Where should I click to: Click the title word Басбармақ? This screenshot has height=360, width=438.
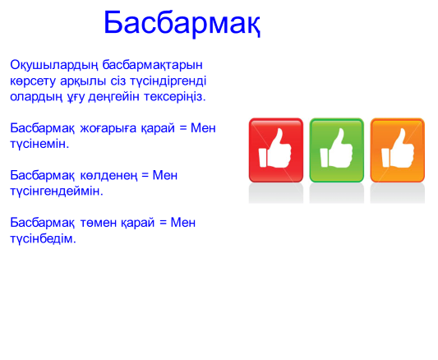click(182, 23)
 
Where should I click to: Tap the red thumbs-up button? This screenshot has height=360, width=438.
click(276, 150)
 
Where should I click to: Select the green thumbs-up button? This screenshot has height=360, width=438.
click(337, 150)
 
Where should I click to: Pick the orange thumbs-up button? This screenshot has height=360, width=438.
click(398, 150)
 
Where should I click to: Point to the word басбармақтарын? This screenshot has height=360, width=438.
click(153, 65)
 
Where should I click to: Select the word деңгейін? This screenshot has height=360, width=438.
click(113, 97)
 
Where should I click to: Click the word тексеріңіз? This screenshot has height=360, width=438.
click(174, 97)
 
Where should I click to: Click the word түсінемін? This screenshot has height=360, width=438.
click(39, 144)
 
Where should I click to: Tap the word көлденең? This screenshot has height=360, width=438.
click(109, 176)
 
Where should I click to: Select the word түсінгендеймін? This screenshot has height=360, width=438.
click(57, 192)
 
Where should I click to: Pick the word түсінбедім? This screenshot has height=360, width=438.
click(43, 238)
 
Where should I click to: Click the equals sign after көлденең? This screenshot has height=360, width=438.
click(145, 176)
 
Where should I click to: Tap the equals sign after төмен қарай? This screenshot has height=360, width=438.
click(164, 223)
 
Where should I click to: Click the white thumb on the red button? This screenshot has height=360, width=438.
click(275, 148)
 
